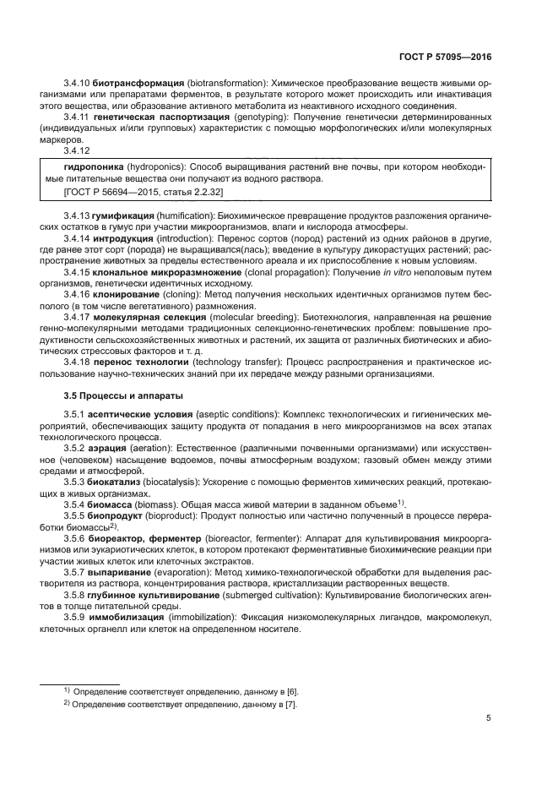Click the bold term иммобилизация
pyautogui.click(x=127, y=618)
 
